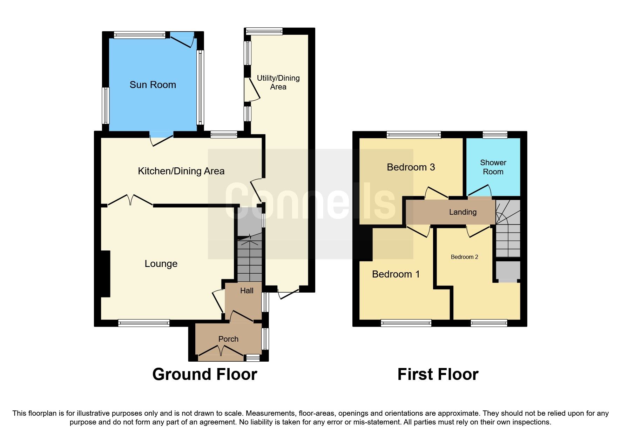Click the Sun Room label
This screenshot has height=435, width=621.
coord(153,85)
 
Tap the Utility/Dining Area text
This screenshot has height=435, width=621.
coord(278,82)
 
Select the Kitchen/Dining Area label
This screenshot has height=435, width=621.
coord(181,171)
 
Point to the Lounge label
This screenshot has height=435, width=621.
coord(161,264)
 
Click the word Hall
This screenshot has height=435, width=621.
coord(247,291)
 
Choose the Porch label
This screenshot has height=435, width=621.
coord(228,339)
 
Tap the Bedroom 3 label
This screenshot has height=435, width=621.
coord(411,167)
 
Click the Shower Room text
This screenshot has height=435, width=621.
coord(493,167)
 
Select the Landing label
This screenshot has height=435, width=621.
coord(463,212)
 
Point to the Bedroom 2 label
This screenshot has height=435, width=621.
coord(464,257)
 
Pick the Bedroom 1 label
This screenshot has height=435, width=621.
coord(396,274)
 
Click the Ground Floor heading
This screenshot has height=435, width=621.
coord(205,375)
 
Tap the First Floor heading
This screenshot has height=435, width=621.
coord(438,375)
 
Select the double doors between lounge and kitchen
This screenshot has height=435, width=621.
coord(130,201)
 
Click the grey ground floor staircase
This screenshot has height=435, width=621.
coord(250,260)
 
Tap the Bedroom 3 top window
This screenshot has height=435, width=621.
coord(414,134)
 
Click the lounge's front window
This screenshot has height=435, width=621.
coord(144,323)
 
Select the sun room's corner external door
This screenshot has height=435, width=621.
coord(182,40)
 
